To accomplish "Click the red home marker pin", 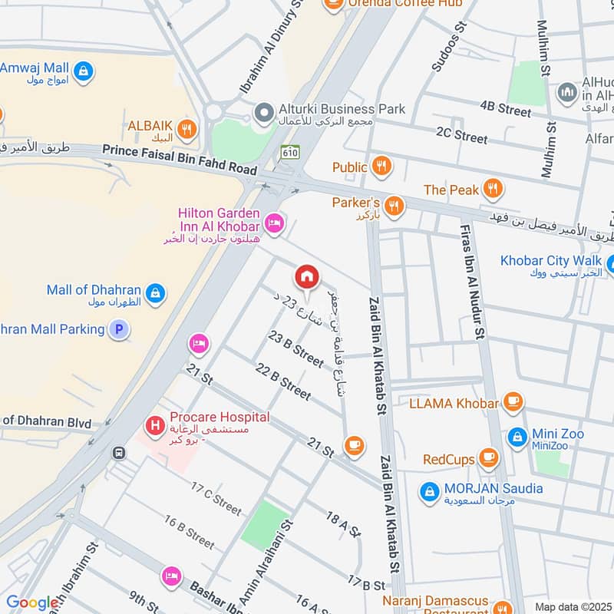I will pos(306,278).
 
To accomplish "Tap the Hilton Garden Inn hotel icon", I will pos(273,223).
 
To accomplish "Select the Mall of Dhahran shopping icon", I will pos(155,292).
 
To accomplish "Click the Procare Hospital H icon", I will pos(155,423).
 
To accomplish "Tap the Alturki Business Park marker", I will pos(265,113).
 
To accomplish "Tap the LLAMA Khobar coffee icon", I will pos(513,401).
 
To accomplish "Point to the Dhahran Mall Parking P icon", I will pos(118,330).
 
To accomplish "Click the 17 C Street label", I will pos(216,499).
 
